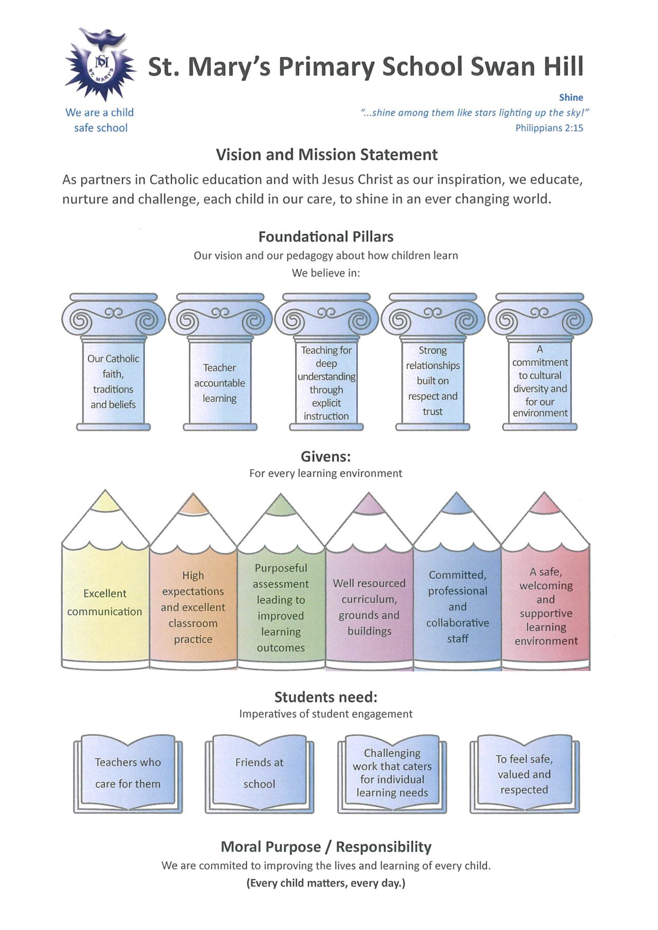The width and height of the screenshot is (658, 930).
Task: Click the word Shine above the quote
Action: [x=571, y=98]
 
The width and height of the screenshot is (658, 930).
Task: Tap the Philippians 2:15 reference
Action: [x=549, y=128]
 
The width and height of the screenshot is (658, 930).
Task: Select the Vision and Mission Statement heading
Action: [x=326, y=155]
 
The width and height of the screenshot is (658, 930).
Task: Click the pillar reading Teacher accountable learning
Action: [x=220, y=383]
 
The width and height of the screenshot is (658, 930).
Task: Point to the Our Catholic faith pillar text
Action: [x=113, y=381]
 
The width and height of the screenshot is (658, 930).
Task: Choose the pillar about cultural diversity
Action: [x=540, y=381]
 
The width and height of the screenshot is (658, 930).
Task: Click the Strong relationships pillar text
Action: [x=432, y=381]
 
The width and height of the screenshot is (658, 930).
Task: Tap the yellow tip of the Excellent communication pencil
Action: [x=105, y=501]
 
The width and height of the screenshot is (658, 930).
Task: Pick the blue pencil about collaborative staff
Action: [x=457, y=607]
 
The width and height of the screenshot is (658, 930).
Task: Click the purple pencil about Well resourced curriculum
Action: [x=369, y=607]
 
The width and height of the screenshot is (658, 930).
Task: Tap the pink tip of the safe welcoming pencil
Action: [x=544, y=504]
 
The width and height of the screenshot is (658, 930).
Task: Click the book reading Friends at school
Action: [x=259, y=773]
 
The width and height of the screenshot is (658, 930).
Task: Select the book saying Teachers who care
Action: [x=127, y=773]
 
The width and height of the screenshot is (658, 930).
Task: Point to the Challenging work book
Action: [x=392, y=773]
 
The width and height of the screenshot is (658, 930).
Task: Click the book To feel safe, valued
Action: [x=524, y=774]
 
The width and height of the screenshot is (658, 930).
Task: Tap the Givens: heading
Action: [x=325, y=457]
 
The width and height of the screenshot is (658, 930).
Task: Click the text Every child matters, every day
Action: [x=326, y=883]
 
